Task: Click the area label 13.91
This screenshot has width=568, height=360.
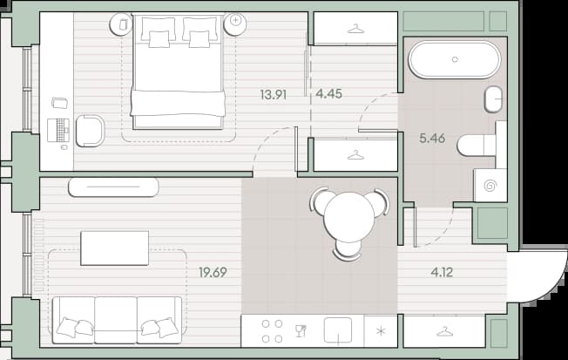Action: (274, 95)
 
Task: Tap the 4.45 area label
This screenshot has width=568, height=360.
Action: (328, 94)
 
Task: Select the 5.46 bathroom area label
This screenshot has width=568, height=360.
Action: (432, 138)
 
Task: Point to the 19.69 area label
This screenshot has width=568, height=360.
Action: (213, 272)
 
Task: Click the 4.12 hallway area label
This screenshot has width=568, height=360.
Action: (442, 272)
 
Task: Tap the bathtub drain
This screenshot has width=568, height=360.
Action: (455, 59)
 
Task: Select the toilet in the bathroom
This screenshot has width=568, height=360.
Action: (477, 146)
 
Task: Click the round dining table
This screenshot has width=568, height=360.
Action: (349, 217)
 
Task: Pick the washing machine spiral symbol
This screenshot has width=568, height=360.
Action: (490, 186)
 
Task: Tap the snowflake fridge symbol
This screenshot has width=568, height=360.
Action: (381, 331)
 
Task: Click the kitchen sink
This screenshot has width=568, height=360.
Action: (338, 329)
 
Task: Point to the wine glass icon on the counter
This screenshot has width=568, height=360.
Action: (301, 331)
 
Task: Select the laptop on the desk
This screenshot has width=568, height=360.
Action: (58, 130)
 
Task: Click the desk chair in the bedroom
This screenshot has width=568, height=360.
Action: (90, 131)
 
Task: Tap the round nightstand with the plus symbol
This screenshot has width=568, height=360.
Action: (235, 24)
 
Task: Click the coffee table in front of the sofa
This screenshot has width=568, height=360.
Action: (114, 248)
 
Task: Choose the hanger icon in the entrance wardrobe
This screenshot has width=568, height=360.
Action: (444, 331)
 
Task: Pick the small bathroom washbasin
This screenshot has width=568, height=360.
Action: (493, 99)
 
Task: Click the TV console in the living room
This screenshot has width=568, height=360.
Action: (113, 187)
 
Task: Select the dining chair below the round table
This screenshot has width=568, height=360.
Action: (347, 250)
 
